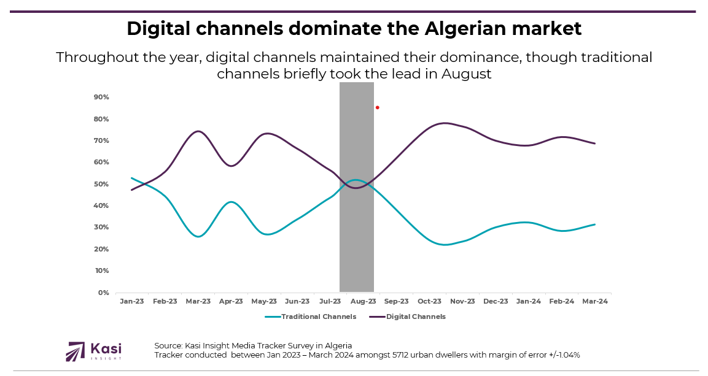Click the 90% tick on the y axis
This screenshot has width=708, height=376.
pyautogui.click(x=101, y=97)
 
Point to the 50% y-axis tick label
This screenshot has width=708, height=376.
pyautogui.click(x=101, y=184)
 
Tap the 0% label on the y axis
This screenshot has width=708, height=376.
pyautogui.click(x=103, y=293)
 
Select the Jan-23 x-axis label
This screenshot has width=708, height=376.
pyautogui.click(x=132, y=301)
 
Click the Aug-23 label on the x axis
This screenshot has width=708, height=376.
pyautogui.click(x=364, y=301)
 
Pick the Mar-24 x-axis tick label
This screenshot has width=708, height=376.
pyautogui.click(x=594, y=301)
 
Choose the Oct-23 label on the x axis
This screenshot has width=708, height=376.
pyautogui.click(x=429, y=301)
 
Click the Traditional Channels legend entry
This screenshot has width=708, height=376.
pyautogui.click(x=318, y=317)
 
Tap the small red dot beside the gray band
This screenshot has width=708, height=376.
pyautogui.click(x=377, y=107)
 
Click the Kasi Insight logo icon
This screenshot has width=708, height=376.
pyautogui.click(x=76, y=351)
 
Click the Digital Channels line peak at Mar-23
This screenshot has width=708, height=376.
pyautogui.click(x=198, y=131)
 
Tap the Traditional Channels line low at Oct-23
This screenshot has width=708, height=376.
pyautogui.click(x=445, y=245)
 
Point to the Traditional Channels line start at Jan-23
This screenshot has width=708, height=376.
pyautogui.click(x=132, y=178)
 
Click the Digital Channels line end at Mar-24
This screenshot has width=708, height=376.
pyautogui.click(x=594, y=144)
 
